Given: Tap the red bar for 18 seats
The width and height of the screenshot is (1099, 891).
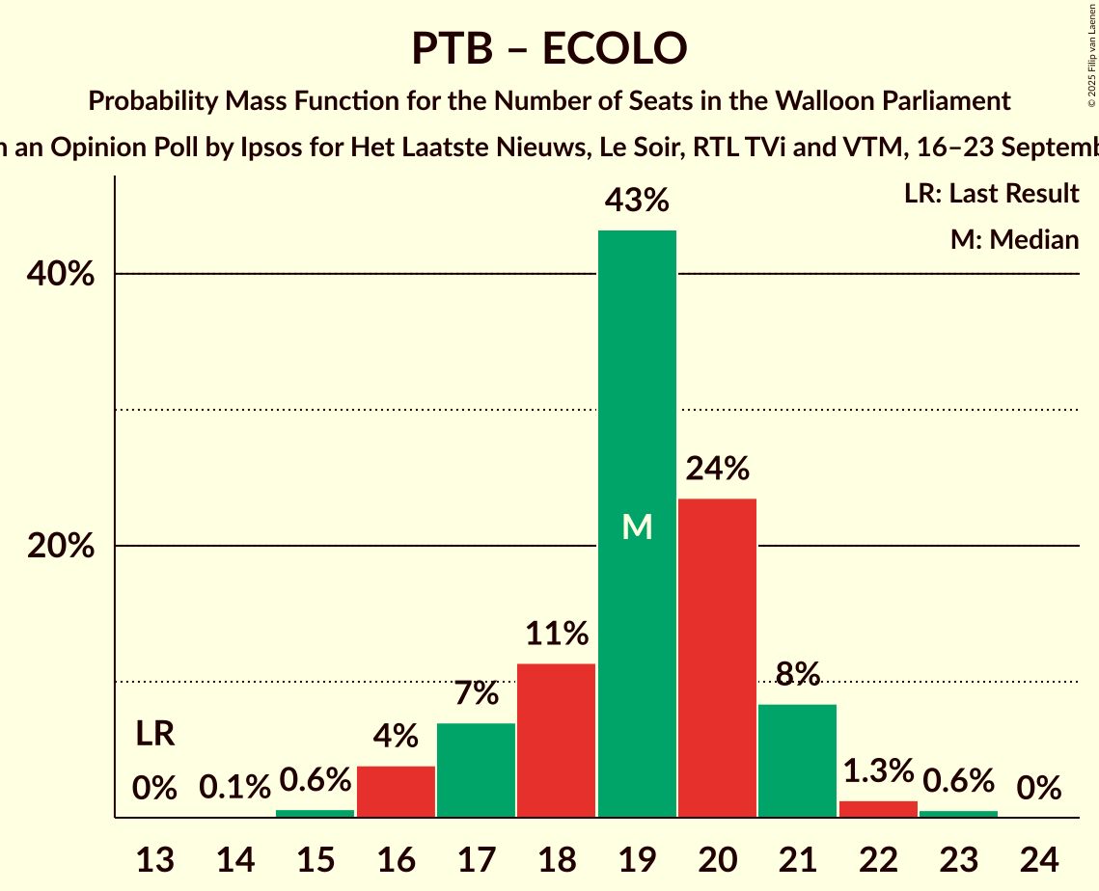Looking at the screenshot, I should pyautogui.click(x=556, y=741).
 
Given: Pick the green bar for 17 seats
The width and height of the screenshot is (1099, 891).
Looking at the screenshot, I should pyautogui.click(x=476, y=769).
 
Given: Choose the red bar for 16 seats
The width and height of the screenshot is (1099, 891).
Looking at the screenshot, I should pyautogui.click(x=396, y=791).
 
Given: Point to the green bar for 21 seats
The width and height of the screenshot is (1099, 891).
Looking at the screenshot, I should pyautogui.click(x=797, y=761).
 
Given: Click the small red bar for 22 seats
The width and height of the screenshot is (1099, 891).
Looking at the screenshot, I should pyautogui.click(x=878, y=809).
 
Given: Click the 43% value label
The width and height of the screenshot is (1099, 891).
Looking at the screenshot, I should pyautogui.click(x=637, y=201).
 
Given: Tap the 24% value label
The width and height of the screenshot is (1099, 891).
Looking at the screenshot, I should pyautogui.click(x=717, y=470).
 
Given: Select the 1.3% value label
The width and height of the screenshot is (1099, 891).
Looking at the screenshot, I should pyautogui.click(x=878, y=771).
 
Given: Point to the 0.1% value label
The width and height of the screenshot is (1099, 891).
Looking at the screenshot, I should pyautogui.click(x=234, y=788).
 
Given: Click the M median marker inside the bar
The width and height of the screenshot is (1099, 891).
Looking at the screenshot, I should pyautogui.click(x=637, y=526).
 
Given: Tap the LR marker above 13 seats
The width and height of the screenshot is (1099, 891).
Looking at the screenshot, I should pyautogui.click(x=154, y=734).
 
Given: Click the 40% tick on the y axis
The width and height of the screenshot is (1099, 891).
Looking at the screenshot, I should pyautogui.click(x=60, y=275).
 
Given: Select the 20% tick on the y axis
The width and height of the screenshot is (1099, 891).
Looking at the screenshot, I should pyautogui.click(x=60, y=547).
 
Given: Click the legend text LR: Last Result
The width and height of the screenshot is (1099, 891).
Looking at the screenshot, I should pyautogui.click(x=991, y=194).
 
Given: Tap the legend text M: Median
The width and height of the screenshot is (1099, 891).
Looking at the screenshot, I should pyautogui.click(x=1014, y=239).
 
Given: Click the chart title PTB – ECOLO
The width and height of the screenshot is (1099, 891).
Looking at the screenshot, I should pyautogui.click(x=549, y=48).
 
